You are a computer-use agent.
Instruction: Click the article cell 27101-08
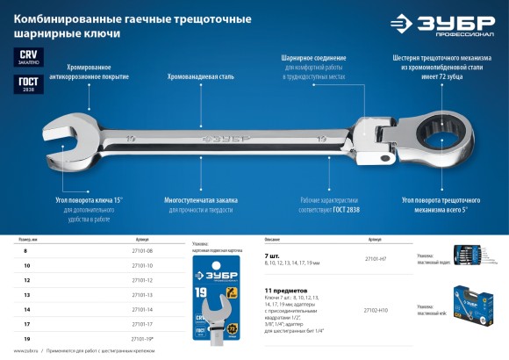click(x=142, y=251)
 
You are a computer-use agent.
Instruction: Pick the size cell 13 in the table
click(x=26, y=295)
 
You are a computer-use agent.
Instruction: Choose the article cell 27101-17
click(x=142, y=324)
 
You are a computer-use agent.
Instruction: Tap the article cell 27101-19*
click(x=142, y=338)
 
